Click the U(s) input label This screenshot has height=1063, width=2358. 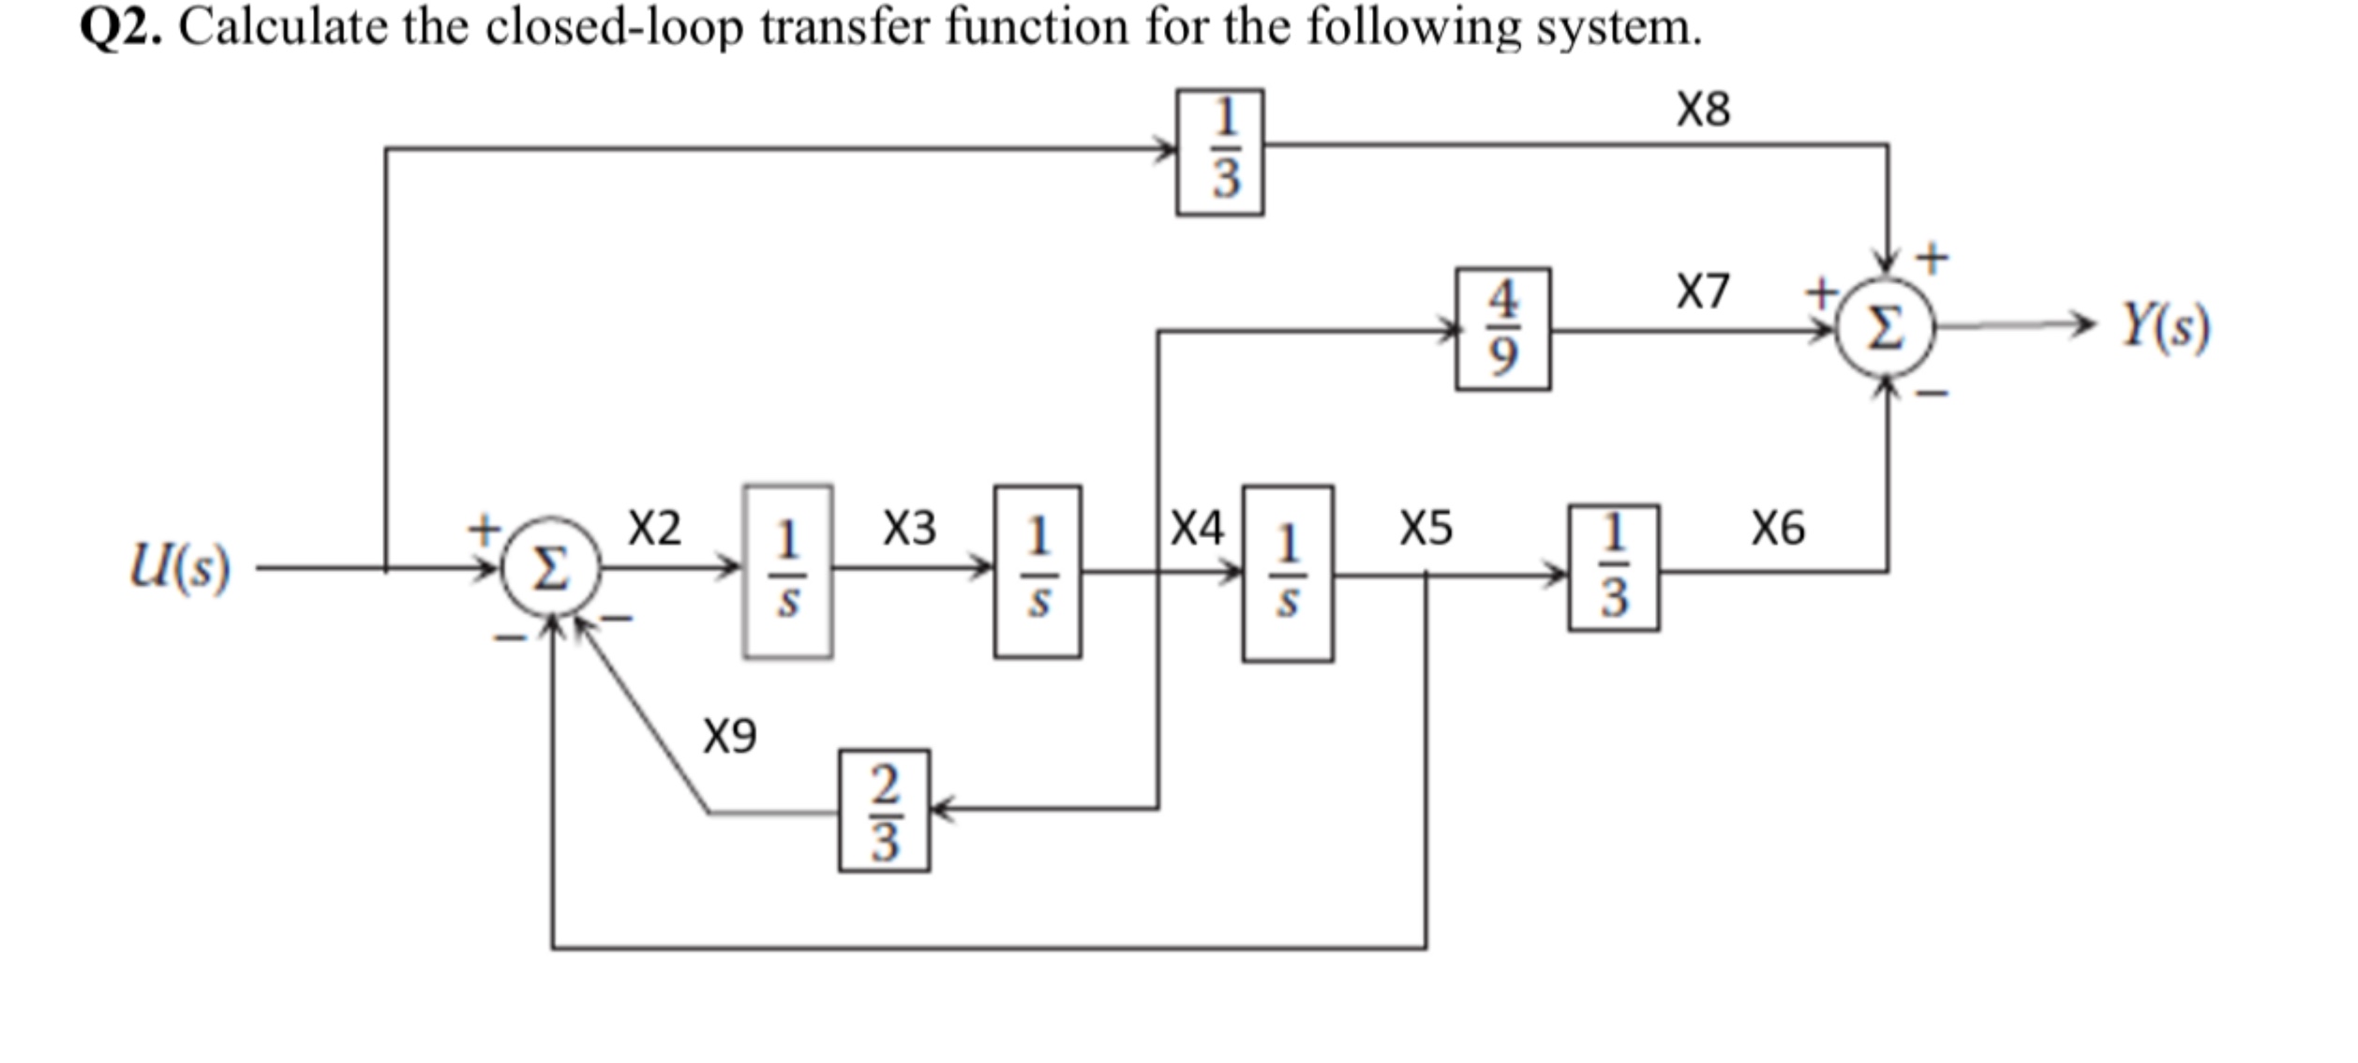(x=180, y=567)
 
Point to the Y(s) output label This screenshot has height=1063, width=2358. (x=2166, y=327)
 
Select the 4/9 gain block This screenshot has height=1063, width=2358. (x=1502, y=329)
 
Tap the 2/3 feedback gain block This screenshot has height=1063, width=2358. (x=884, y=811)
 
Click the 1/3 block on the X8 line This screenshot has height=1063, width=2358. (x=1219, y=153)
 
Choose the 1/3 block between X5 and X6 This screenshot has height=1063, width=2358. (x=1613, y=568)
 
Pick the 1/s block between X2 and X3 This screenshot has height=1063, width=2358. (x=787, y=572)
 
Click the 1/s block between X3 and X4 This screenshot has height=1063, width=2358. (x=1037, y=572)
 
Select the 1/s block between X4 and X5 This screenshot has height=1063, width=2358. (x=1288, y=574)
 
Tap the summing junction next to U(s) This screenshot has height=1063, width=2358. (x=551, y=568)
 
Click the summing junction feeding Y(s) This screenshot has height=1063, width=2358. (x=1885, y=329)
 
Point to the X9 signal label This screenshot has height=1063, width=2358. (x=729, y=736)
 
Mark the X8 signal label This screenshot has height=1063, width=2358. (x=1703, y=110)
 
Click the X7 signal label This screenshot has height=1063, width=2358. (x=1702, y=292)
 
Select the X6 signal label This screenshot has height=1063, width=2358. (x=1778, y=528)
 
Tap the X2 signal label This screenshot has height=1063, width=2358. (x=654, y=528)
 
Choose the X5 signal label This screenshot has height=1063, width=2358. (x=1425, y=528)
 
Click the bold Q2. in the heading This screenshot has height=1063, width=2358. (x=121, y=27)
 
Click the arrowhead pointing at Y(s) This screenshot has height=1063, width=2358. (x=2081, y=325)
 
